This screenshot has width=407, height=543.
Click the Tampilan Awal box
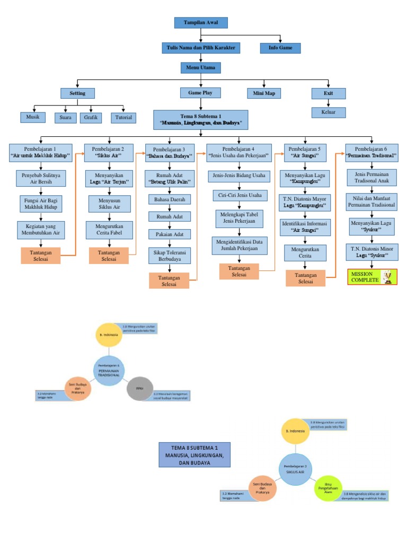pyautogui.click(x=201, y=22)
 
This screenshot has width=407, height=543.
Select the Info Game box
pyautogui.click(x=280, y=48)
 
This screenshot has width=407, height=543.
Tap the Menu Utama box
pyautogui.click(x=200, y=68)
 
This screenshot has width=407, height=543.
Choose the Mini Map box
pyautogui.click(x=264, y=93)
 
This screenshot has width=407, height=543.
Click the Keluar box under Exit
pyautogui.click(x=329, y=112)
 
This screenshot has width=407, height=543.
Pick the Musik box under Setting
pyautogui.click(x=33, y=117)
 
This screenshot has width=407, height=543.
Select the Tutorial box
pyautogui.click(x=123, y=117)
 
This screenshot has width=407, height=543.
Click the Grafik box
pyautogui.click(x=91, y=117)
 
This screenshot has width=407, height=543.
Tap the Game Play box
pyautogui.click(x=197, y=93)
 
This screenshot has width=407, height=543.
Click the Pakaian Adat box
pyautogui.click(x=169, y=233)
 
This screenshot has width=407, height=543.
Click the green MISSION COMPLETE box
pyautogui.click(x=372, y=276)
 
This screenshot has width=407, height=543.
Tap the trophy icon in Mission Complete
pyautogui.click(x=389, y=276)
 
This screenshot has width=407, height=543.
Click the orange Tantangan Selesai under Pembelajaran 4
pyautogui.click(x=239, y=271)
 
